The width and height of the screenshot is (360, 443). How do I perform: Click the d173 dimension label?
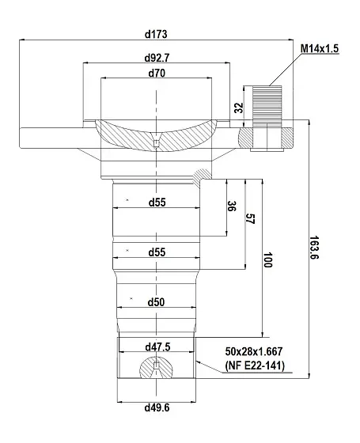point(156,34)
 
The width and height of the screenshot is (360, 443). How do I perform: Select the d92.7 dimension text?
point(157,58)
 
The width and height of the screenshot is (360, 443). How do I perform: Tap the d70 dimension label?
point(157,73)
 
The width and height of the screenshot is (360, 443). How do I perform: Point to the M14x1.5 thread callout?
point(320,48)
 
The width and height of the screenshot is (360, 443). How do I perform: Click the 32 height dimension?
point(239,108)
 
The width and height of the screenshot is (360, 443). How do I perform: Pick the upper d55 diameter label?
point(157,203)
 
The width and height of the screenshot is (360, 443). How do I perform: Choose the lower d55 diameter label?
point(157,252)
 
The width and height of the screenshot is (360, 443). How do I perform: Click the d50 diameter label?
point(157,302)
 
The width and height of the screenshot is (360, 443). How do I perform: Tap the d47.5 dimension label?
point(157,346)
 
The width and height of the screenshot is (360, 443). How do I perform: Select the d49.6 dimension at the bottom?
point(157,407)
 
